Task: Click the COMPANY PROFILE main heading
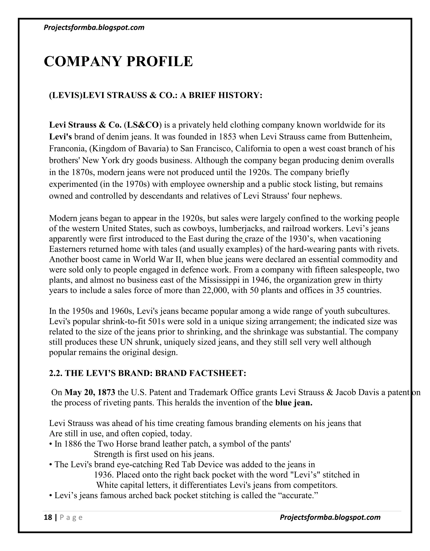coord(118,61)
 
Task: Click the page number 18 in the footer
coord(48,517)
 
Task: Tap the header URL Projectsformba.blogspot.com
coord(94,28)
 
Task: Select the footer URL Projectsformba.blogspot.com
coord(330,517)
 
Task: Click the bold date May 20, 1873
coord(90,392)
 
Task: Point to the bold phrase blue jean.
coord(294,403)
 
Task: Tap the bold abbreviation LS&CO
coord(143,125)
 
